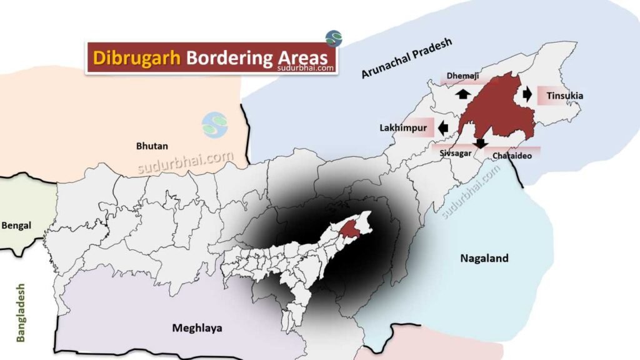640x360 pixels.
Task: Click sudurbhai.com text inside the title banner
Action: (x=306, y=69)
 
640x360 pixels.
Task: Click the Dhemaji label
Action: (x=464, y=76)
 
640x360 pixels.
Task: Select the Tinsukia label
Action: (x=564, y=96)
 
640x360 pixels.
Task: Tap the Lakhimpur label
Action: (x=403, y=127)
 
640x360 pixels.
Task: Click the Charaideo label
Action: (x=512, y=155)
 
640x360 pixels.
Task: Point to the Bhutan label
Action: (x=152, y=146)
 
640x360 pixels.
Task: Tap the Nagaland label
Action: (x=484, y=258)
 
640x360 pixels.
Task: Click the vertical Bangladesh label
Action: (x=21, y=312)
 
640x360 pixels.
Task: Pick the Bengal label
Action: (x=17, y=225)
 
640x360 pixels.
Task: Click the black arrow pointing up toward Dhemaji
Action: (x=462, y=94)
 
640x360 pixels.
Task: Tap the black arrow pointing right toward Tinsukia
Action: (x=527, y=94)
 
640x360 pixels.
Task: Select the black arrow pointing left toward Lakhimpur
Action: (x=443, y=127)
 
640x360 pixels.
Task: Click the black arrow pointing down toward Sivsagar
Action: (x=480, y=143)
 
